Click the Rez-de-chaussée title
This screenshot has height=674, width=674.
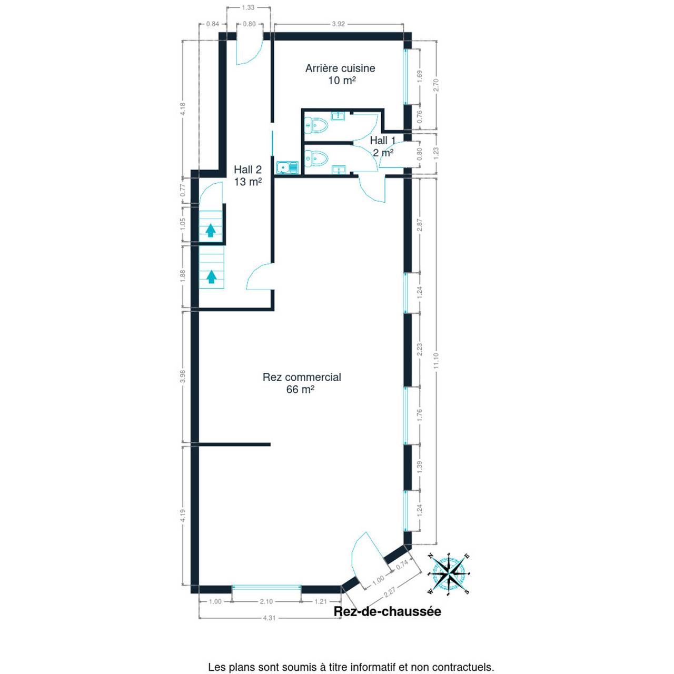[x=387, y=611]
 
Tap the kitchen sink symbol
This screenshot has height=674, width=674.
[x=287, y=167]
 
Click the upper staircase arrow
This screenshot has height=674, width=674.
[x=210, y=231]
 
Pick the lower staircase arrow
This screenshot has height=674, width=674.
[x=211, y=276]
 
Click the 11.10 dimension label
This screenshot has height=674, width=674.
[x=435, y=361]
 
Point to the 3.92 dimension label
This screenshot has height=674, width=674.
[x=338, y=24]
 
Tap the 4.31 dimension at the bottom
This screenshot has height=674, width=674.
[x=269, y=628]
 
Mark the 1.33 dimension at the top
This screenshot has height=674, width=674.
[x=248, y=7]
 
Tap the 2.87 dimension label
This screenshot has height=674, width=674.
[x=420, y=225]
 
